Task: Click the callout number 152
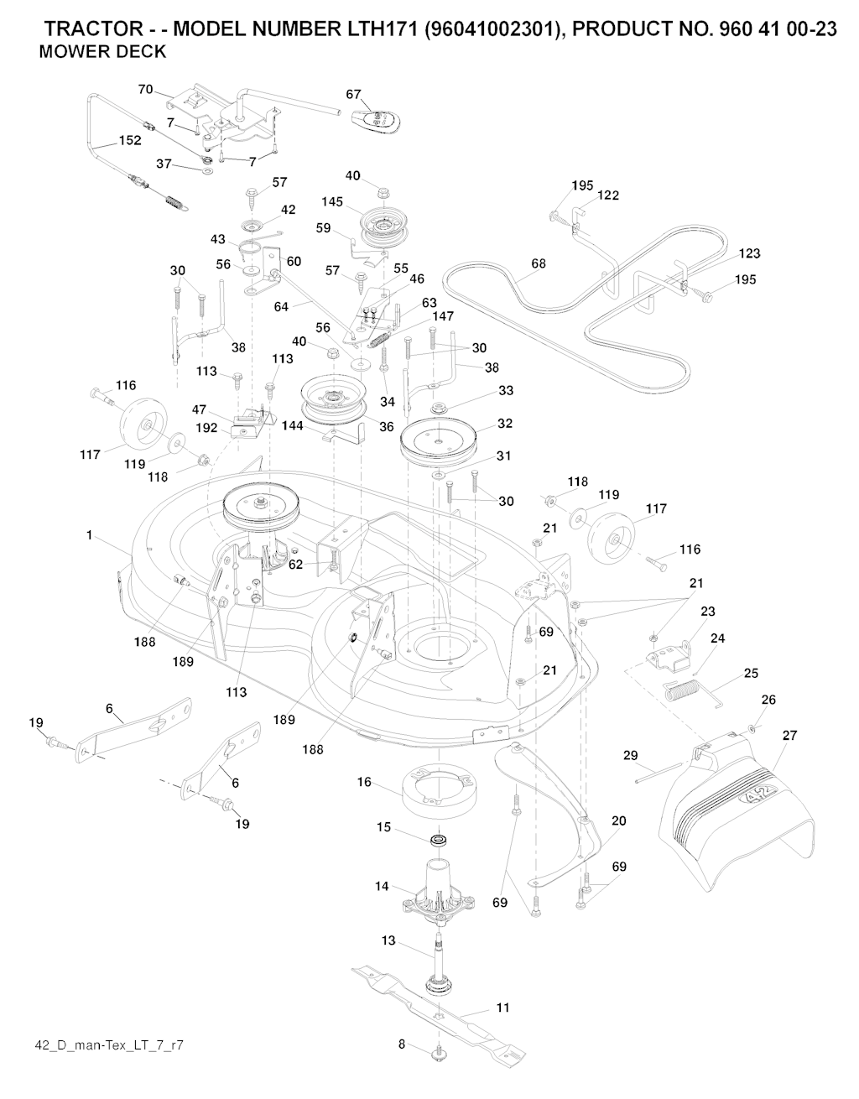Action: point(129,141)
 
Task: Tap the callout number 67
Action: point(354,95)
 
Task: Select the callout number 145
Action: point(333,201)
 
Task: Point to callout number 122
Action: point(608,195)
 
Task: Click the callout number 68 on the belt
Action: point(538,263)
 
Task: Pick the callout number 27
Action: point(789,736)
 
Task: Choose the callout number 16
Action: point(364,782)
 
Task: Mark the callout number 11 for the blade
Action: point(502,1007)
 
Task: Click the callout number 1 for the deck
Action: point(89,535)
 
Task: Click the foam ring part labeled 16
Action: point(437,789)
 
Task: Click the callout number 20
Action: point(618,820)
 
